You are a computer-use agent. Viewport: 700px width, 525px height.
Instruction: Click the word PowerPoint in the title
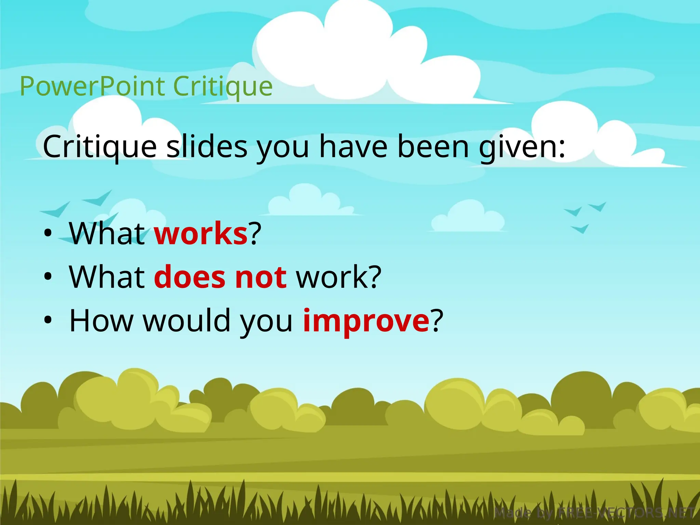(92, 86)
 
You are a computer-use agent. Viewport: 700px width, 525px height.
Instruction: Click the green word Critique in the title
(223, 86)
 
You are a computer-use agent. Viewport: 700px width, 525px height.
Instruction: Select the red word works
(201, 234)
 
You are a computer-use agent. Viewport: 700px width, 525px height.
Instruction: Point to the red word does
(190, 277)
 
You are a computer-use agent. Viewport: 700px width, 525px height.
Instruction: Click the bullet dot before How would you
(48, 320)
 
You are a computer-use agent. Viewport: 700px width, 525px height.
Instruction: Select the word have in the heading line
(353, 147)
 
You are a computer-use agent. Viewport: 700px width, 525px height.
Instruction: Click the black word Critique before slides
(99, 147)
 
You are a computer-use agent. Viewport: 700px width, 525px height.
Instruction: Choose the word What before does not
(107, 277)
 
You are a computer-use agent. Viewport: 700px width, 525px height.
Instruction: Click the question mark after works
(255, 234)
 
